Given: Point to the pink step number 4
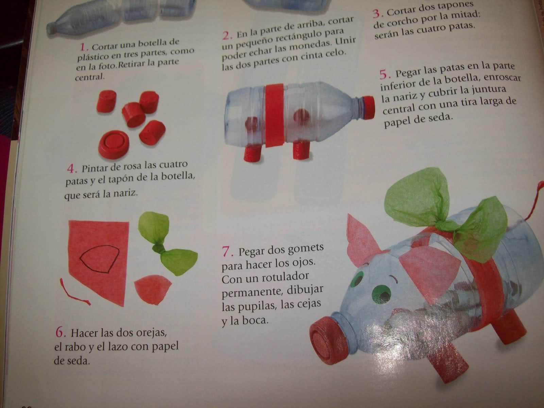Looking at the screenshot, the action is (x=71, y=169).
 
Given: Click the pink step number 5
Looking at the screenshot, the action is (x=384, y=74).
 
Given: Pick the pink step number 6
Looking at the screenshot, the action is (x=60, y=333).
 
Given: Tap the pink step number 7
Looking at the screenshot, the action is (x=226, y=252).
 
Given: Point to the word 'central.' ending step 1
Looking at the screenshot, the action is (x=90, y=77).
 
